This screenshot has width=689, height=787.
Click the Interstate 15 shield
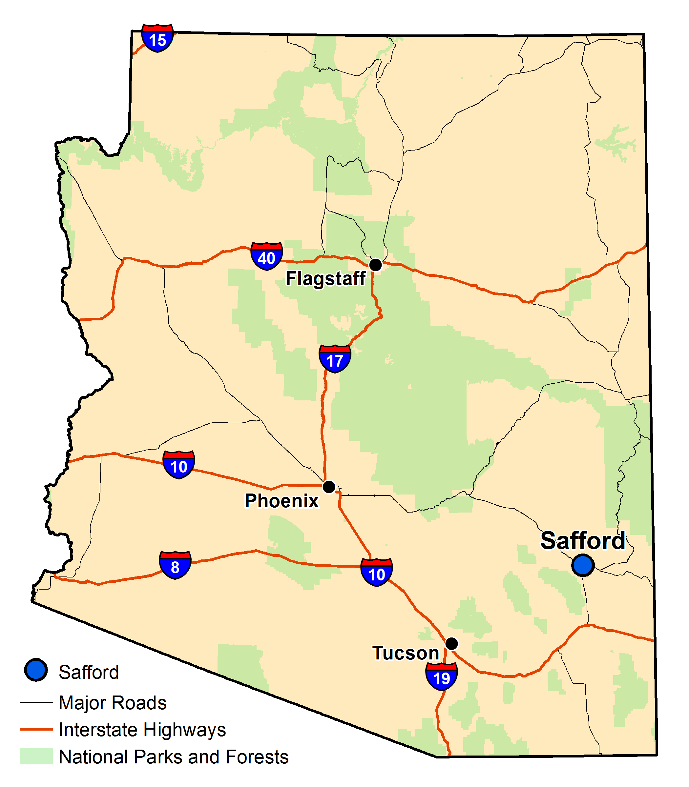point(157,38)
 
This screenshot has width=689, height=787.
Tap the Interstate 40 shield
point(266,255)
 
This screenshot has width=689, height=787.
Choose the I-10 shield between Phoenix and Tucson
point(376,572)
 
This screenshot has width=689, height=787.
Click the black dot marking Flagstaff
point(375,264)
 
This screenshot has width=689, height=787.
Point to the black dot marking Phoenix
point(329,487)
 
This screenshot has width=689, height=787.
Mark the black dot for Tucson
point(451,643)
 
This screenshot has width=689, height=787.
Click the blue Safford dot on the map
point(583,565)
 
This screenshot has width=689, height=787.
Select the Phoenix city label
point(282,501)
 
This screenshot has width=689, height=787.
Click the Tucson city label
point(406,653)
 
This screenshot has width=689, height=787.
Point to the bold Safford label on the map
point(583,541)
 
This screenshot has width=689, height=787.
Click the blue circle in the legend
point(36,670)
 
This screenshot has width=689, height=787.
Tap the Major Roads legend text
point(112,703)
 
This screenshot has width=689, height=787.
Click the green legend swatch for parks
point(36,756)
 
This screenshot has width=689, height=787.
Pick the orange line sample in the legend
point(36,729)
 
